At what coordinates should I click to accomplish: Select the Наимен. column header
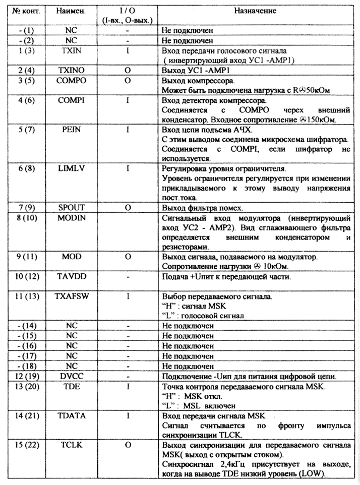(x=72, y=11)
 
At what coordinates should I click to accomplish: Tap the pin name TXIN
(x=72, y=51)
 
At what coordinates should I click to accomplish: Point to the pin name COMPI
(x=72, y=100)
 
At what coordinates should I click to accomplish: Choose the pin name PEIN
(x=72, y=130)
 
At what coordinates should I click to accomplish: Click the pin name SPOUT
(x=72, y=207)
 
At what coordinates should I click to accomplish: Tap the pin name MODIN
(x=72, y=218)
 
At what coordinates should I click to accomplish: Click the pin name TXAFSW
(x=72, y=296)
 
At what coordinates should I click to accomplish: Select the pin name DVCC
(x=72, y=376)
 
